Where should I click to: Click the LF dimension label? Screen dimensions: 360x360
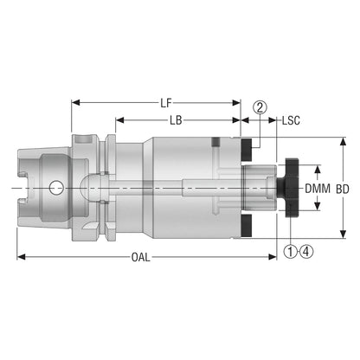tap(166, 103)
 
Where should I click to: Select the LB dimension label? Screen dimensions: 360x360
tap(176, 120)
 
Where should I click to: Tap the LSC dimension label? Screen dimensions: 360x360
tap(291, 120)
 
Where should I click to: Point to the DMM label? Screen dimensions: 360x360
tap(318, 189)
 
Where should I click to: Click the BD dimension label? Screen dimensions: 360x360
tap(343, 189)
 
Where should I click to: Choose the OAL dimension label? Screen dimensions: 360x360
tap(141, 257)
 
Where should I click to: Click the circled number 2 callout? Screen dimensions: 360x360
tap(260, 107)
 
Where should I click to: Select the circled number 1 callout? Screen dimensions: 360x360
tap(291, 252)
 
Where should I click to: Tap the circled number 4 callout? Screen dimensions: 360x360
tap(306, 252)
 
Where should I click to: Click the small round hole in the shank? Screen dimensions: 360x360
tap(56, 188)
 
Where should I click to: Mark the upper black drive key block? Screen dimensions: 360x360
tap(247, 150)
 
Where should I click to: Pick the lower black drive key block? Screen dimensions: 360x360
tap(247, 226)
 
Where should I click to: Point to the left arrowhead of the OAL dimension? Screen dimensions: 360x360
tap(21, 257)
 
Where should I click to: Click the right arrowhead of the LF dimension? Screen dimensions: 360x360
tap(236, 103)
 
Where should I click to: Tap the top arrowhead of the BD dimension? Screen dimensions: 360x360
tap(343, 142)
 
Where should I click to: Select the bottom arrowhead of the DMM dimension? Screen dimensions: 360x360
tap(318, 206)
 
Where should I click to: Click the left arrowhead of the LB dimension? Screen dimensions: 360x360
tap(119, 120)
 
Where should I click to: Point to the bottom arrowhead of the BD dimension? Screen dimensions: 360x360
tap(343, 234)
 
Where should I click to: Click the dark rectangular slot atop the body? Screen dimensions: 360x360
tap(215, 142)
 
